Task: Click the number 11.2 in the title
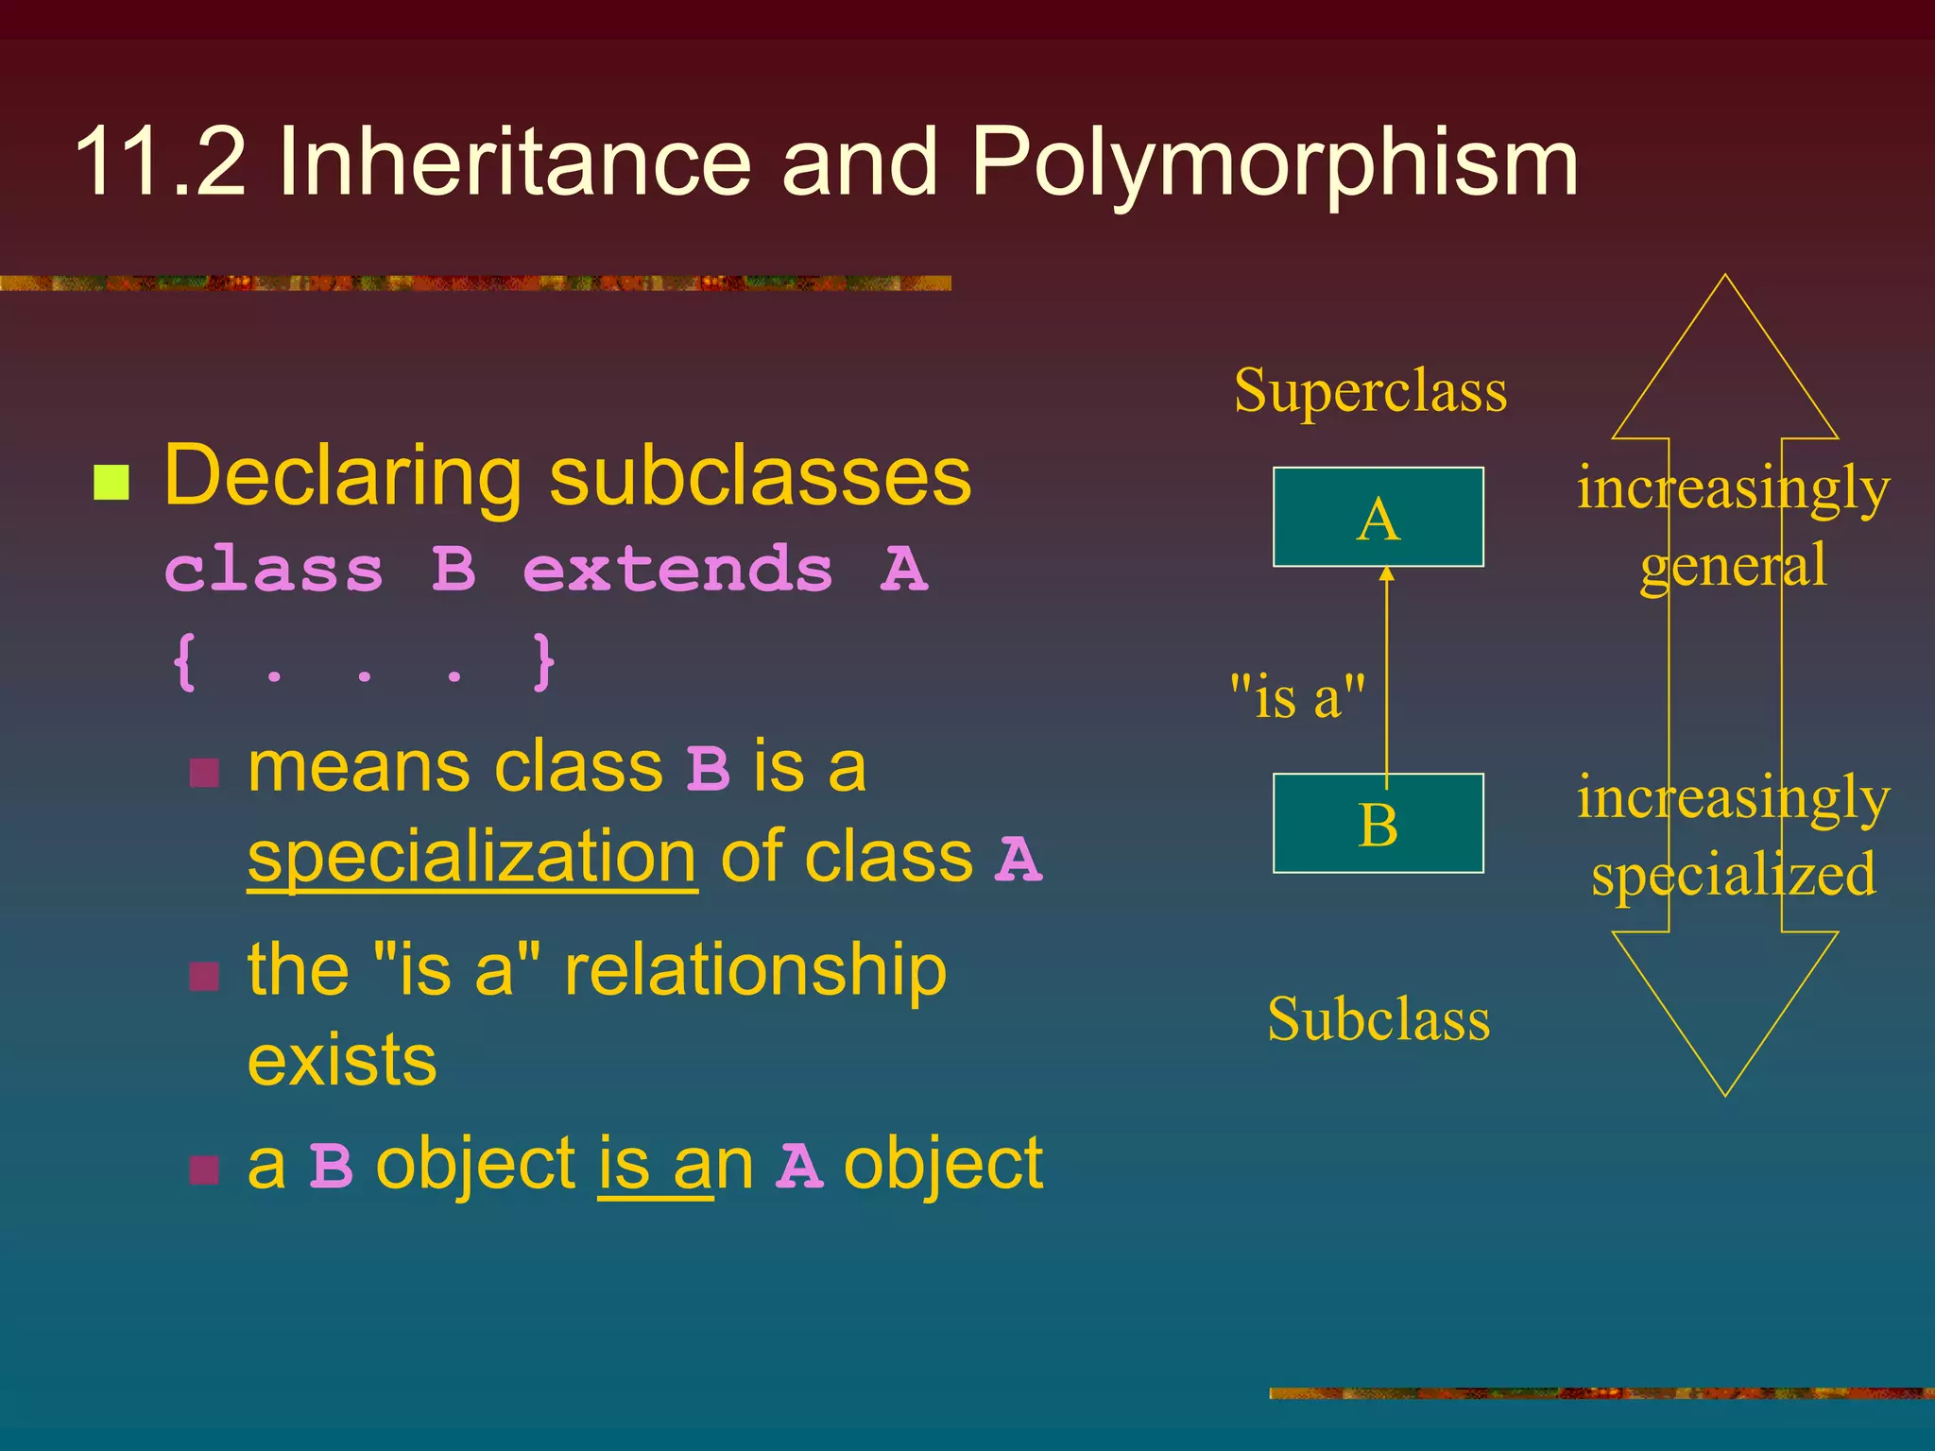(x=161, y=162)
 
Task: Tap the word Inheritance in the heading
(x=514, y=162)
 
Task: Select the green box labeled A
(x=1378, y=517)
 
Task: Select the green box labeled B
(x=1378, y=823)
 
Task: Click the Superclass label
(x=1370, y=390)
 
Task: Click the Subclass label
(x=1378, y=1019)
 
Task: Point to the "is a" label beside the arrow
(x=1297, y=697)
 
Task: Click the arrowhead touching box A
(x=1386, y=572)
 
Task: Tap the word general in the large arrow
(x=1733, y=566)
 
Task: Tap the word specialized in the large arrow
(x=1733, y=875)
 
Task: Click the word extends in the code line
(x=677, y=570)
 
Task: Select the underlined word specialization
(x=472, y=857)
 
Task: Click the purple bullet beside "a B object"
(x=204, y=1169)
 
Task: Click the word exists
(x=342, y=1060)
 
